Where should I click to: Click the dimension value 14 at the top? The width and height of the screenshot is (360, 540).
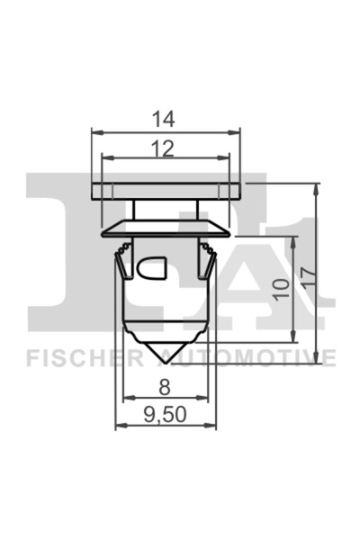pyautogui.click(x=166, y=118)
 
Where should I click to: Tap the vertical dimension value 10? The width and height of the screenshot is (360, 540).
pyautogui.click(x=281, y=288)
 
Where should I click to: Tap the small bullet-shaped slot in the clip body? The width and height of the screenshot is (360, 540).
pyautogui.click(x=151, y=267)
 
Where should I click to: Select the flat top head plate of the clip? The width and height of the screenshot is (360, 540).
pyautogui.click(x=166, y=191)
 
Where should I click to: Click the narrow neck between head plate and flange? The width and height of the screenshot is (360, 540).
pyautogui.click(x=166, y=209)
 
